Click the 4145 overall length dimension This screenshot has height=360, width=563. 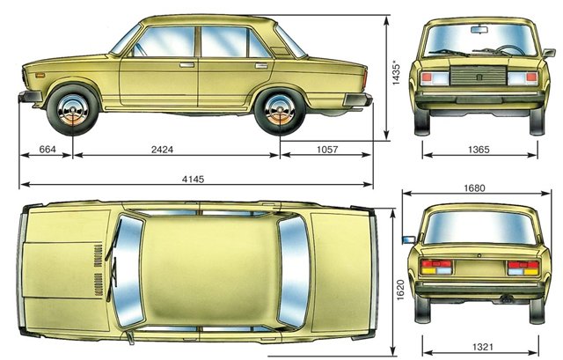[193, 179]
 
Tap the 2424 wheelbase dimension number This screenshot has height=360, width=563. [162, 150]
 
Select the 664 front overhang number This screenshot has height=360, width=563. [48, 149]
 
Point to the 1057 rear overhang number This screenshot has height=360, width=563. [327, 149]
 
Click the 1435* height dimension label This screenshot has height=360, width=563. [396, 74]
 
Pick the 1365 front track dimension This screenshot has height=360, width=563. [479, 150]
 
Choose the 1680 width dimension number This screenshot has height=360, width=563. [474, 188]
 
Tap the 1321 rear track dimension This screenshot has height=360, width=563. [483, 347]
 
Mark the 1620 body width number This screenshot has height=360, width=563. [400, 290]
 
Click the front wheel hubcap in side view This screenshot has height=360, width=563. [73, 110]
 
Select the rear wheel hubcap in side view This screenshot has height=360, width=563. [280, 110]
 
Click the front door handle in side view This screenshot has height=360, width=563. [186, 65]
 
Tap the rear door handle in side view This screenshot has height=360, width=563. [261, 66]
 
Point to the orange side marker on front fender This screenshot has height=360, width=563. [40, 76]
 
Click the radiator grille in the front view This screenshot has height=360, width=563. [479, 76]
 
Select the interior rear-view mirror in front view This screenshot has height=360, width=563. [479, 29]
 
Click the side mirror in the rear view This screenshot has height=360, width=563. [408, 239]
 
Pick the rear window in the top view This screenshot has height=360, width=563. [295, 272]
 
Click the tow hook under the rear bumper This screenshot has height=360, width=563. [508, 299]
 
